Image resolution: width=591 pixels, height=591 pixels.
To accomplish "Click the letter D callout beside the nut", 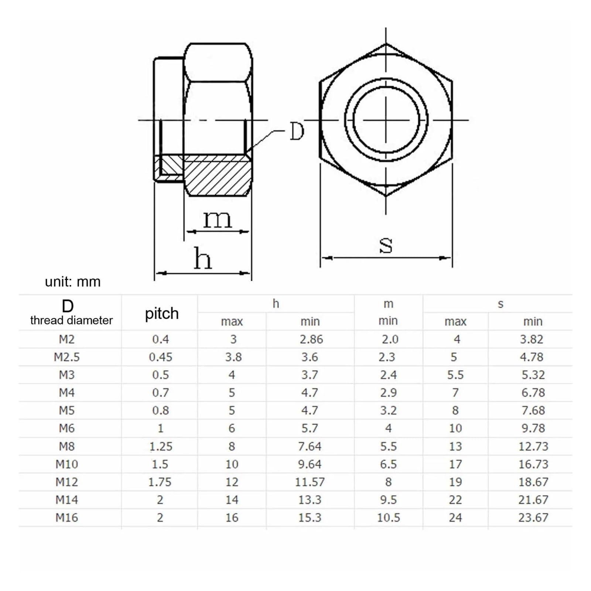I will pyautogui.click(x=297, y=131).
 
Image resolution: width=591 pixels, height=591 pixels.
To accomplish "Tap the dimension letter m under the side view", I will pyautogui.click(x=217, y=219).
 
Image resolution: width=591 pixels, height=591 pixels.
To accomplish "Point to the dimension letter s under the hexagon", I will pyautogui.click(x=386, y=245).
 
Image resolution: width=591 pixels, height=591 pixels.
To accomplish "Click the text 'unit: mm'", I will pyautogui.click(x=73, y=282).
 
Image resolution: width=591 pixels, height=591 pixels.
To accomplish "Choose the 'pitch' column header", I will pyautogui.click(x=161, y=314).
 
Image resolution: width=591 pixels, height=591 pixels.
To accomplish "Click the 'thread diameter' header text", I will pyautogui.click(x=71, y=320).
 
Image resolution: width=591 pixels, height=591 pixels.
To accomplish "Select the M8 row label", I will pyautogui.click(x=66, y=446).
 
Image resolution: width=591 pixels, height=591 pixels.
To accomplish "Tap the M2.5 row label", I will pyautogui.click(x=66, y=357).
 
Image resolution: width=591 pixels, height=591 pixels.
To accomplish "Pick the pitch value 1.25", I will pyautogui.click(x=161, y=446).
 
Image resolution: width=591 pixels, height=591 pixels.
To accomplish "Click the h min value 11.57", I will pyautogui.click(x=310, y=482).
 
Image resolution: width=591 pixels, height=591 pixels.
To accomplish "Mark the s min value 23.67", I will pyautogui.click(x=533, y=517).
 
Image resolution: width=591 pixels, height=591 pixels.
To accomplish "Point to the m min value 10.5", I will pyautogui.click(x=388, y=517).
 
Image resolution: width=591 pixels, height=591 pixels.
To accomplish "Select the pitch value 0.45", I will pyautogui.click(x=160, y=357).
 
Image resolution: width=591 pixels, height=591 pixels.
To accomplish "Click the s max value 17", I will pyautogui.click(x=455, y=464).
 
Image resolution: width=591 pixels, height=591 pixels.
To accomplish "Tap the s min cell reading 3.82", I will pyautogui.click(x=532, y=339).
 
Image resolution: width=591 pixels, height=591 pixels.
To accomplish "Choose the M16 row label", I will pyautogui.click(x=66, y=517).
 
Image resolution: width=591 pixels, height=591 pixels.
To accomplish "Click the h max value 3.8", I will pyautogui.click(x=233, y=357).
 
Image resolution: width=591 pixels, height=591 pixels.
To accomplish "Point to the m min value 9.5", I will pyautogui.click(x=388, y=500).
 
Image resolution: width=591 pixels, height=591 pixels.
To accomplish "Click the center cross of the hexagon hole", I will pyautogui.click(x=386, y=120).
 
